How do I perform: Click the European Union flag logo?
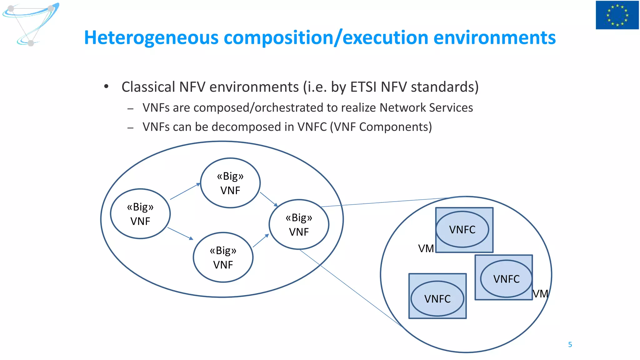pyautogui.click(x=617, y=15)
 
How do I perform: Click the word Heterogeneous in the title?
pyautogui.click(x=151, y=38)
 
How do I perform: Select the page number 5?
pyautogui.click(x=570, y=344)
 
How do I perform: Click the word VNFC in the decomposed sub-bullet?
pyautogui.click(x=312, y=127)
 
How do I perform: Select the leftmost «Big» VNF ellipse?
pyautogui.click(x=140, y=214)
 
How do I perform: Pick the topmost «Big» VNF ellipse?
pyautogui.click(x=230, y=183)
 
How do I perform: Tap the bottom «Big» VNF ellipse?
pyautogui.click(x=223, y=257)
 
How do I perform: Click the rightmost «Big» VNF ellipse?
pyautogui.click(x=299, y=224)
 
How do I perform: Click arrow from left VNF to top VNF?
pyautogui.click(x=185, y=191)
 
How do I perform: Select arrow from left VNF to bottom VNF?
pyautogui.click(x=180, y=233)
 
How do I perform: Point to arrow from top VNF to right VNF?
pyautogui.click(x=269, y=199)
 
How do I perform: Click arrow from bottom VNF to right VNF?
pyautogui.click(x=261, y=241)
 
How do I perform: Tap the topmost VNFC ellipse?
pyautogui.click(x=462, y=229)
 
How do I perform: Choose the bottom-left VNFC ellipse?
pyautogui.click(x=437, y=298)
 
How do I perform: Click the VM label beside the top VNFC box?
pyautogui.click(x=426, y=249)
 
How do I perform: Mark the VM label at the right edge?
pyautogui.click(x=540, y=294)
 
